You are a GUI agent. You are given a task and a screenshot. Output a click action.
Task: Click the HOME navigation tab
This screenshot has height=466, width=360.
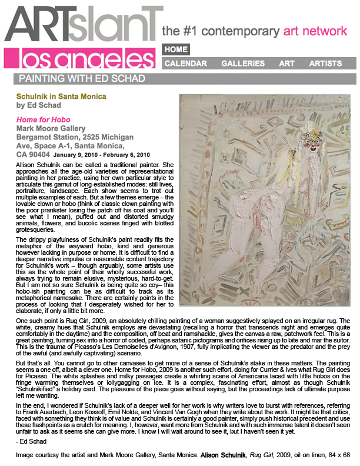pyautogui.click(x=176, y=49)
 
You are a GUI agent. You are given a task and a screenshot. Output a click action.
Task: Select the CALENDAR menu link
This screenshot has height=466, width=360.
pyautogui.click(x=185, y=63)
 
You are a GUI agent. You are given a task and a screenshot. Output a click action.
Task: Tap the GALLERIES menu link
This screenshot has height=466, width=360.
pyautogui.click(x=243, y=63)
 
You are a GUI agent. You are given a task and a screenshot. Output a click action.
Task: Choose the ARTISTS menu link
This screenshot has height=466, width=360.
pyautogui.click(x=325, y=63)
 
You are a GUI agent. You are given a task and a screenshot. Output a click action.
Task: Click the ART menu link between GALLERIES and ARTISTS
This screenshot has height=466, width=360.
pyautogui.click(x=287, y=63)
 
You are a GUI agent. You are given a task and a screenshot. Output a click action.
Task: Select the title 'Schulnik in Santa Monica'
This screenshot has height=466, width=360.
pyautogui.click(x=61, y=96)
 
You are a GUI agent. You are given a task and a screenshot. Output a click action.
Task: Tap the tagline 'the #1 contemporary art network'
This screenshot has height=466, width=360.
pyautogui.click(x=255, y=31)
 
